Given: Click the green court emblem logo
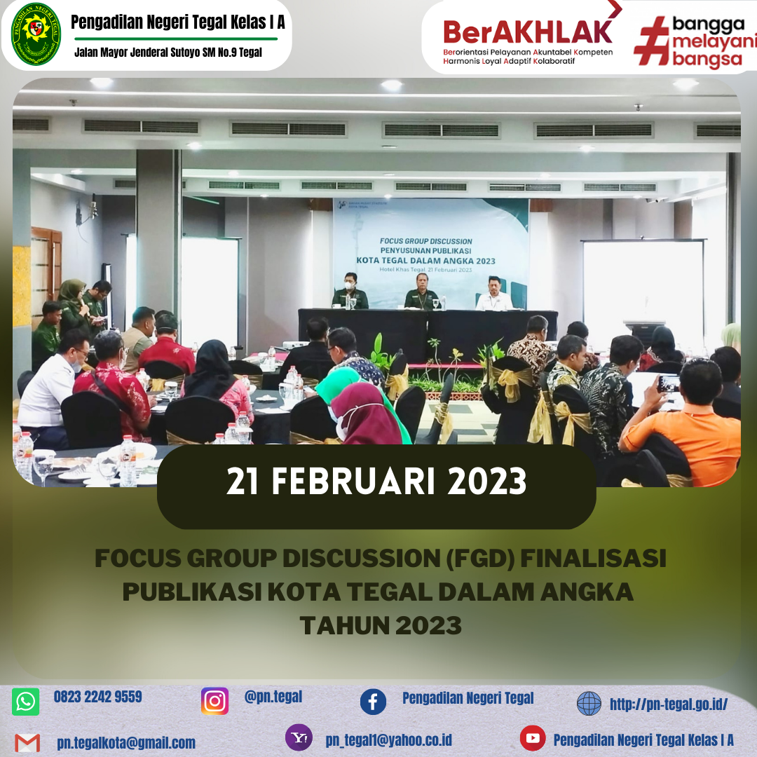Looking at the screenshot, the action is point(36,34).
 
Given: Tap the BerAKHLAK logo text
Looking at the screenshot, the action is point(527,32).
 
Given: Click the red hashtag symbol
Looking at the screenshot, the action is point(653,41).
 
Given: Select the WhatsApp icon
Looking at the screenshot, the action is point(26,702).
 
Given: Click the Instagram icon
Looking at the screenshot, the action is point(215,701).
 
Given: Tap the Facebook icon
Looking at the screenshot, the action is point(373,702).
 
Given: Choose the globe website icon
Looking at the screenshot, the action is point(589,703).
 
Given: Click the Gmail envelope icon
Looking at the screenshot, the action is point(27,742).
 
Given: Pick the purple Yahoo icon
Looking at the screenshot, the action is point(299,737).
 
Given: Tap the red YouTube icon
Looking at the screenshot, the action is point(533,738).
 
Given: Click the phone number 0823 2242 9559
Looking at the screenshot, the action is point(98,697).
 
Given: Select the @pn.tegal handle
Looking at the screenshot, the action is point(273,697).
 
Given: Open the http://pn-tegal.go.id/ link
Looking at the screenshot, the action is point(669,704).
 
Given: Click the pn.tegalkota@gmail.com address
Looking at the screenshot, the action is point(126,743).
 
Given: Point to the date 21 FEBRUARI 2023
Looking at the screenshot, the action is point(376,482).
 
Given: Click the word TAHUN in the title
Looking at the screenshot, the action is point(343,626).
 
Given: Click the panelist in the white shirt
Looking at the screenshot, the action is point(494,294).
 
